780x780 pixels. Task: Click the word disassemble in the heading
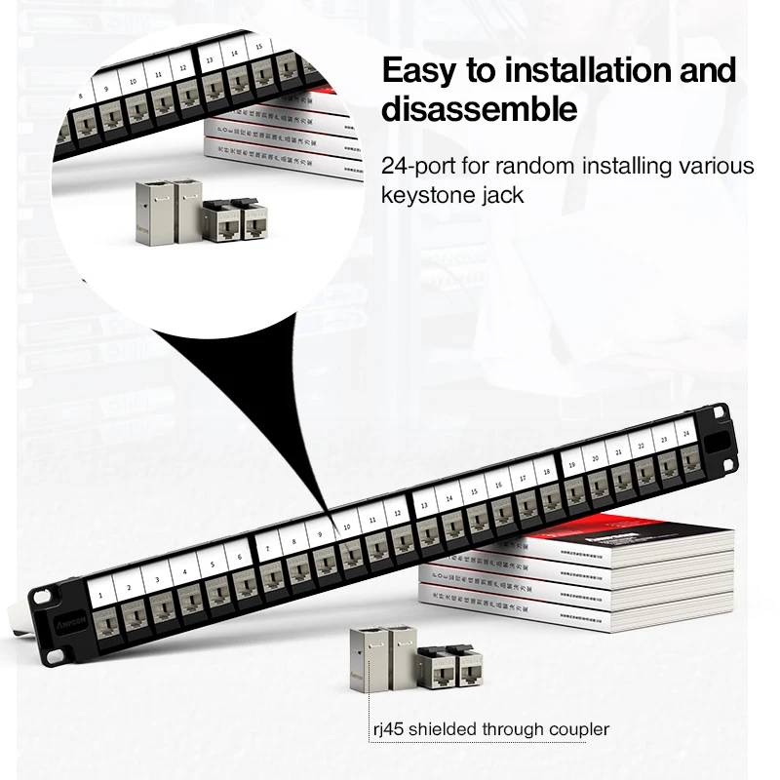[479, 109]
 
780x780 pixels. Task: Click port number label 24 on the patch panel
[686, 430]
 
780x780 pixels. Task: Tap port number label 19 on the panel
[571, 464]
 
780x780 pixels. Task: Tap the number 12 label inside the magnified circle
[182, 68]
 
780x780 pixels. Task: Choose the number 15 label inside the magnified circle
[259, 47]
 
